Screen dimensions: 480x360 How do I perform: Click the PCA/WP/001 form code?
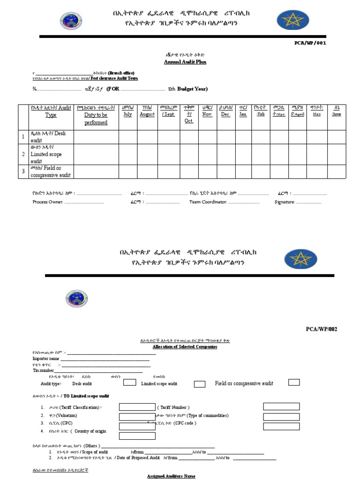pyautogui.click(x=309, y=44)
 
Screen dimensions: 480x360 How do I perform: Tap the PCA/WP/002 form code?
pyautogui.click(x=321, y=329)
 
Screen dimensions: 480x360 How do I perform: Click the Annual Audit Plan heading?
pyautogui.click(x=185, y=62)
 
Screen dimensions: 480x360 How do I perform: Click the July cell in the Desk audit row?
pyautogui.click(x=127, y=137)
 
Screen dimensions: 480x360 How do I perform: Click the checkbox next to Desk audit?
pyautogui.click(x=130, y=382)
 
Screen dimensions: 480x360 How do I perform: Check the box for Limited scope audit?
pyautogui.click(x=200, y=384)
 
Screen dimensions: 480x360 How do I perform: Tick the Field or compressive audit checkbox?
pyautogui.click(x=294, y=382)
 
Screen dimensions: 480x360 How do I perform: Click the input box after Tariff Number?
pyautogui.click(x=281, y=406)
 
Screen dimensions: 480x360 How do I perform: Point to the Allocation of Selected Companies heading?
pyautogui.click(x=185, y=347)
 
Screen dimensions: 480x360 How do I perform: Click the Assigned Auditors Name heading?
pyautogui.click(x=171, y=476)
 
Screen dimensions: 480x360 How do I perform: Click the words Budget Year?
pyautogui.click(x=192, y=89)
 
